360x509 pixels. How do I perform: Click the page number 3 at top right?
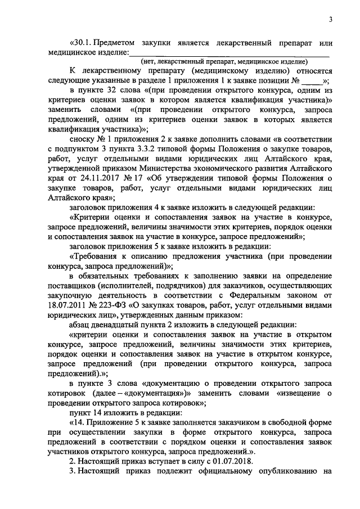coord(331,20)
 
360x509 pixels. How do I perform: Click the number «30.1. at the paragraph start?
coord(82,43)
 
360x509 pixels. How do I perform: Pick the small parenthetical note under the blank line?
coord(224,61)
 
